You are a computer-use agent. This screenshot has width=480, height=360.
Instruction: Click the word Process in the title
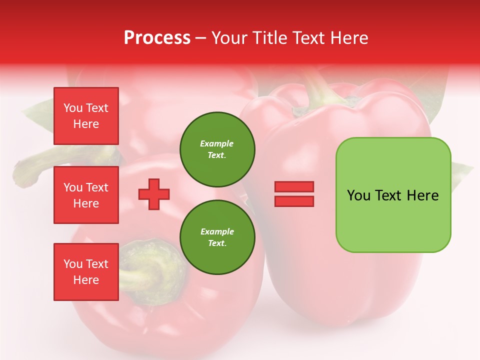(x=157, y=38)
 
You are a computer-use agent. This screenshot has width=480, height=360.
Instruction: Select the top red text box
(x=86, y=116)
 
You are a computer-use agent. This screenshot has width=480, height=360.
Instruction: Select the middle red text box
(x=86, y=195)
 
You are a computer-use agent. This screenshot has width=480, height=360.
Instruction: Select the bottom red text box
(x=86, y=272)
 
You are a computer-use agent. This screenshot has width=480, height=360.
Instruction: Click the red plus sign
(x=154, y=194)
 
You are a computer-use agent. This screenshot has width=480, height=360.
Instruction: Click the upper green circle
(x=217, y=149)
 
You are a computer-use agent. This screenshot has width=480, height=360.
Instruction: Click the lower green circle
(x=217, y=237)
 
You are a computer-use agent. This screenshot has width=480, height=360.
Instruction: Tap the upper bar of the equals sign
(x=294, y=186)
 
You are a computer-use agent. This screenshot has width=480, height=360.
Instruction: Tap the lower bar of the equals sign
(x=294, y=201)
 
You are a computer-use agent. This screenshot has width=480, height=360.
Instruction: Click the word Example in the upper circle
(x=217, y=143)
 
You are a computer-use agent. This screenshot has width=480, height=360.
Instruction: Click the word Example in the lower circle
(x=217, y=231)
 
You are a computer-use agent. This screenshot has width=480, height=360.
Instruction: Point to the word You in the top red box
(x=73, y=108)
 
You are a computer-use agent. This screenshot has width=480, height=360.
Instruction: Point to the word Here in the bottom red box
(x=86, y=280)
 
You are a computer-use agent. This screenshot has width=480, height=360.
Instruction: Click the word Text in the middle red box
(x=97, y=187)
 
